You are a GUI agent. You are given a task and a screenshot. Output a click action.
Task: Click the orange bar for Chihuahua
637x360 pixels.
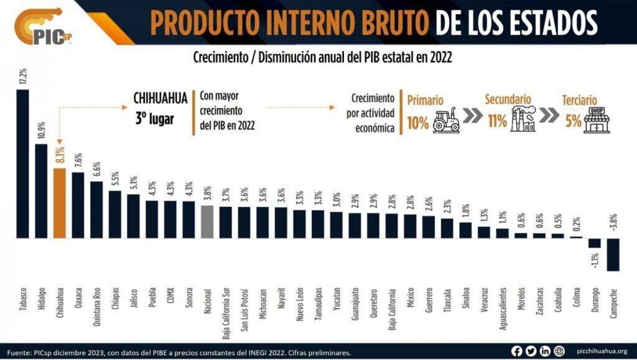pos(60,203)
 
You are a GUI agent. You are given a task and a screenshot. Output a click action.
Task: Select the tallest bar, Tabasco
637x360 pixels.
pos(22,164)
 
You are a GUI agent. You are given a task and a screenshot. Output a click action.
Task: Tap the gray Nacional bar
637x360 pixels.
pos(208,222)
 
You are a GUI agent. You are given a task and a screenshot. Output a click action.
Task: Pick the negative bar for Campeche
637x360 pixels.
pos(613,254)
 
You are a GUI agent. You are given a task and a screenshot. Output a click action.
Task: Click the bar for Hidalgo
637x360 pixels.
pos(41,192)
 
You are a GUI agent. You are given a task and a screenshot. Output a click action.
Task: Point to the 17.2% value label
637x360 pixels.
pos(22,77)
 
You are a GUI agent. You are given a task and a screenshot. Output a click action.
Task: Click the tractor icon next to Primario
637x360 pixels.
pos(446,120)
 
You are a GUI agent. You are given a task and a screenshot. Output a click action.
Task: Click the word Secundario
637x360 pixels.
pos(508,99)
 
